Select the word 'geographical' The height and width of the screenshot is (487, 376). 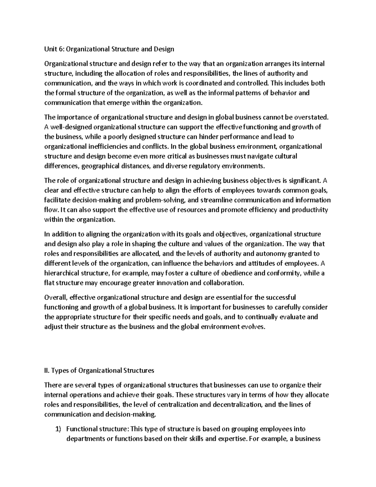pos(100,166)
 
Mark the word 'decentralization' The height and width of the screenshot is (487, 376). pos(237,404)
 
